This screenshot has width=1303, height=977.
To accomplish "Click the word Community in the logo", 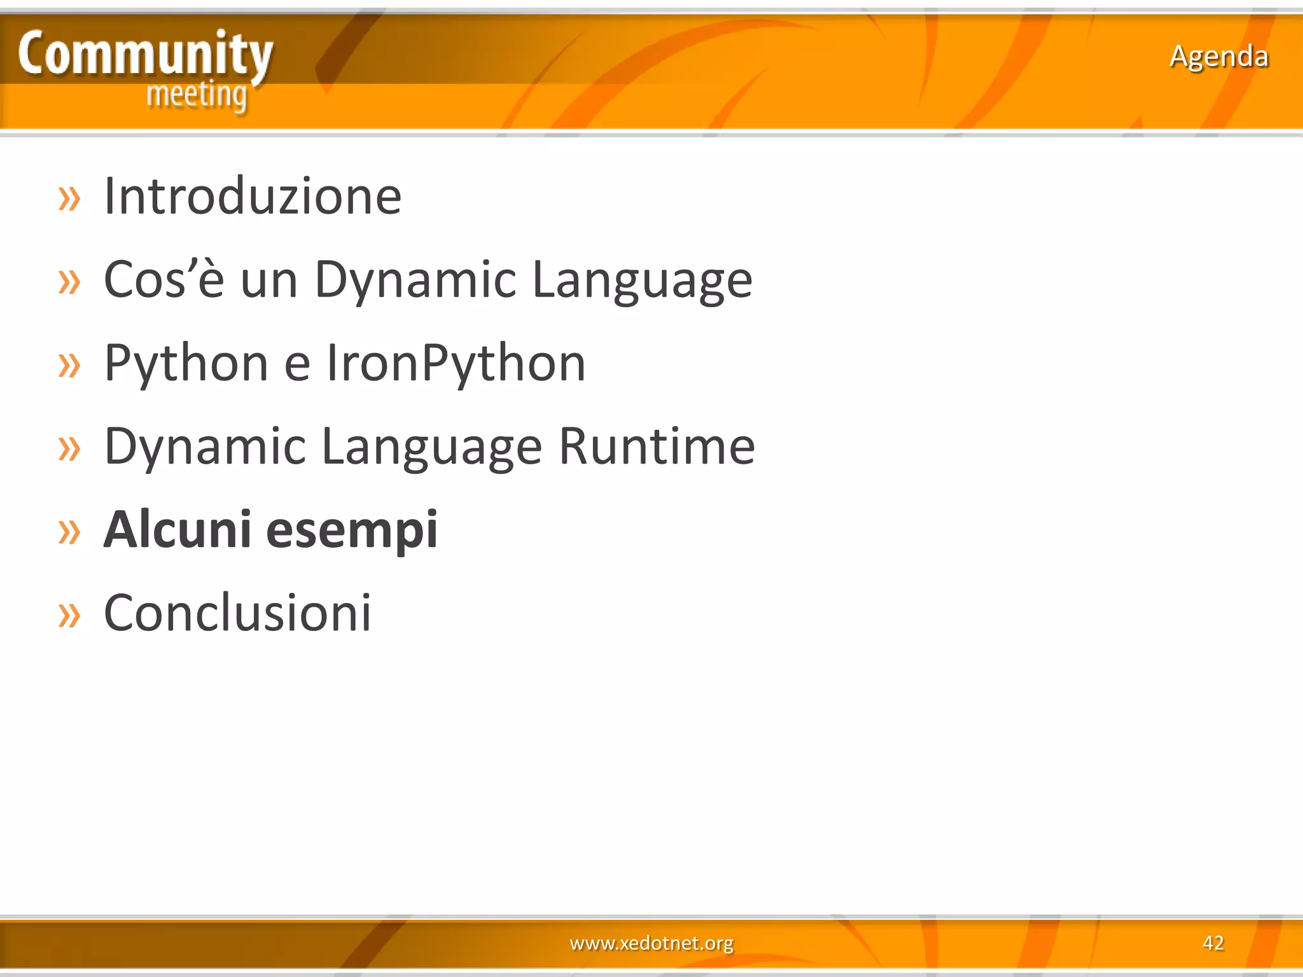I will click(x=145, y=55).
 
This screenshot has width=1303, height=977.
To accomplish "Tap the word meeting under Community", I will click(x=197, y=96).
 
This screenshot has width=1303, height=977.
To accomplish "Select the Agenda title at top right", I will click(x=1218, y=57).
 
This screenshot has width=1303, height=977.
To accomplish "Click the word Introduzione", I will click(x=253, y=197).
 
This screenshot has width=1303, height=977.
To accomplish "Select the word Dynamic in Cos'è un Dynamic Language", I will click(x=415, y=280).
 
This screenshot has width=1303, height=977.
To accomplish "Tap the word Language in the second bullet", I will click(x=642, y=280).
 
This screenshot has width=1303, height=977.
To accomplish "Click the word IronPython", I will click(x=456, y=363).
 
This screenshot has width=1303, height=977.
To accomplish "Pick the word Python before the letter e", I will click(x=186, y=363).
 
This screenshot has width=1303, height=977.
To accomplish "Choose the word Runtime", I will click(x=657, y=447).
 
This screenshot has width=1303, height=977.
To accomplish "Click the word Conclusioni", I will click(x=237, y=613).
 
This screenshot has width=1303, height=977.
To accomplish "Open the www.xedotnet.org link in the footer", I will click(x=651, y=943).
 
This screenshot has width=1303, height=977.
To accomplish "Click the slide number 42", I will click(x=1213, y=943).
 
